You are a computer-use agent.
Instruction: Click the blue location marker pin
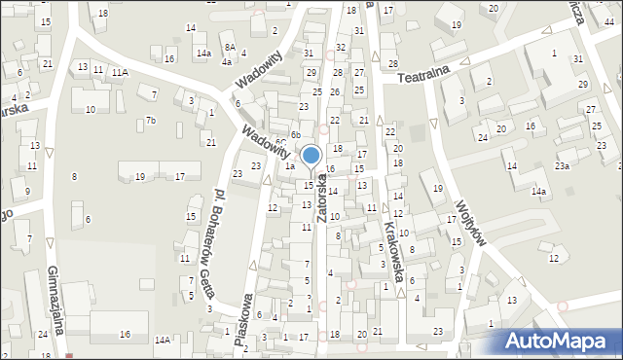click(x=311, y=157)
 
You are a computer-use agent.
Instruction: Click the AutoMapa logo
click(x=558, y=341)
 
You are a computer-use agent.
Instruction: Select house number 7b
click(x=151, y=121)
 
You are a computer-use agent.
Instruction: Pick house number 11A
click(x=119, y=72)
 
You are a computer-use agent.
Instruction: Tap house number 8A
click(x=229, y=47)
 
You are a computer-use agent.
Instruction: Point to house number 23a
click(x=562, y=166)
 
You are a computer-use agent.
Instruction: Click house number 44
click(x=608, y=21)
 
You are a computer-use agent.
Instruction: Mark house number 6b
click(x=295, y=134)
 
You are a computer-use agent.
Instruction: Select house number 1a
click(x=289, y=166)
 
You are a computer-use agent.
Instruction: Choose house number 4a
click(x=226, y=61)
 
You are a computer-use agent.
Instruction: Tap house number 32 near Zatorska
click(x=340, y=47)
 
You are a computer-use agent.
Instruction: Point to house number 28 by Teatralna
click(x=393, y=64)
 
